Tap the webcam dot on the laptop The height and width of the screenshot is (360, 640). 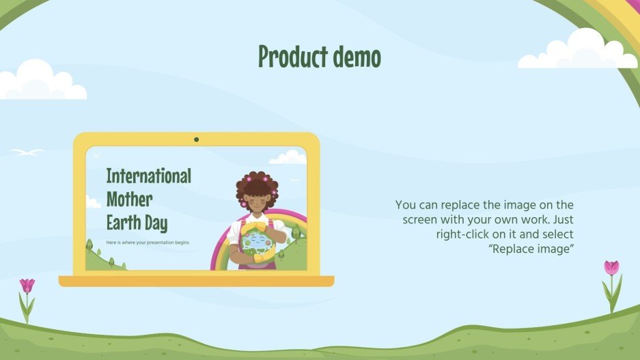[x=196, y=139]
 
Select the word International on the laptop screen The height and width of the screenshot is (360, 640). [x=148, y=176]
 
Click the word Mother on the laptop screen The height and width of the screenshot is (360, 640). [x=129, y=199]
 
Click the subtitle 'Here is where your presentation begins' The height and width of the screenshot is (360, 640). [x=148, y=243]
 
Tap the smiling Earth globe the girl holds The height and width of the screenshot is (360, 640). [x=253, y=243]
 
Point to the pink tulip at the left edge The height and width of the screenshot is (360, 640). [x=27, y=286]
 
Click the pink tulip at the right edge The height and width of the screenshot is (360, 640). [x=611, y=268]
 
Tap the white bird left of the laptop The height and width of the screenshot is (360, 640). [x=26, y=152]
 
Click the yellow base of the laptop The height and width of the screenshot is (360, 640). [x=196, y=281]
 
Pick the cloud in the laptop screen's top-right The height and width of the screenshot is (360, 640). [x=288, y=158]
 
